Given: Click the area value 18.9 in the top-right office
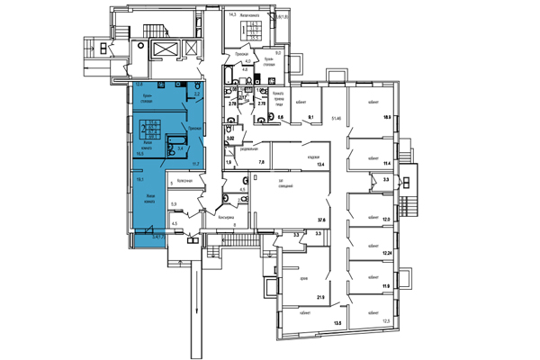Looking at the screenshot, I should pos(388,117).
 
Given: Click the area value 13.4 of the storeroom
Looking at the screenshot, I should pos(319,164).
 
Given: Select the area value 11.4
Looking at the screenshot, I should pos(388,164).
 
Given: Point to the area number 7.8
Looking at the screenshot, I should pos(262,162).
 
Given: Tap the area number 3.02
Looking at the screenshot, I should pos(229,139).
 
